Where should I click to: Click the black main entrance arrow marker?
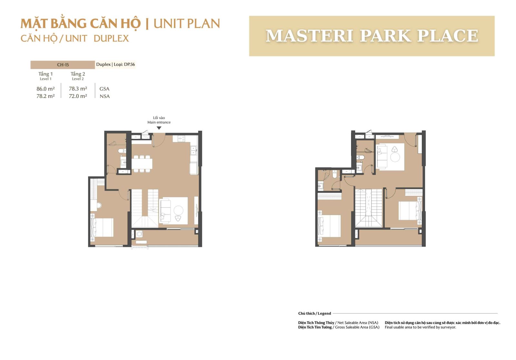(159, 128)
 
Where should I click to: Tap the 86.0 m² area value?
(45, 89)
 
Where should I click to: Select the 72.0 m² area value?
(78, 96)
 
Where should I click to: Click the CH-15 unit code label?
(63, 65)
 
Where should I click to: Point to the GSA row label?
(104, 89)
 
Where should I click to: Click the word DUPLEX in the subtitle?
(111, 38)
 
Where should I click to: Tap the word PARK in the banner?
(385, 36)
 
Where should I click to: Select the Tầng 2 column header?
(78, 74)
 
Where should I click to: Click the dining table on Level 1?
(142, 164)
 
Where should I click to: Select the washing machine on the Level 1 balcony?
(139, 234)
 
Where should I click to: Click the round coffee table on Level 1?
(178, 210)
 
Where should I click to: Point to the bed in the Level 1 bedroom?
(102, 228)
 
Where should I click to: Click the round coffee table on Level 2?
(395, 157)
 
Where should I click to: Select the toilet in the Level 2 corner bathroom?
(335, 174)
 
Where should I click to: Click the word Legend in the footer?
(324, 313)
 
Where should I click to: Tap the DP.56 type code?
(129, 64)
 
